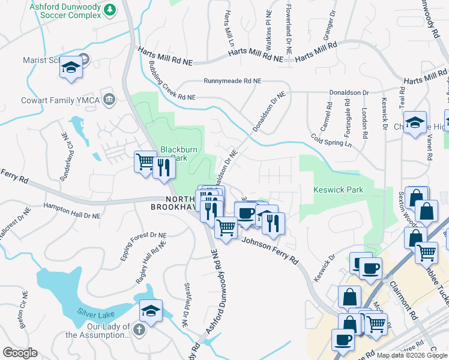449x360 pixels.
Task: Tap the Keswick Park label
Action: pos(339,190)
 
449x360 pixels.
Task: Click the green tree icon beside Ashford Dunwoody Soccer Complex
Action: pos(109,9)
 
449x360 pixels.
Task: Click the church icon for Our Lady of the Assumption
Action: pos(139,329)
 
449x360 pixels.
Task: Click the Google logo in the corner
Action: pos(20,353)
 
